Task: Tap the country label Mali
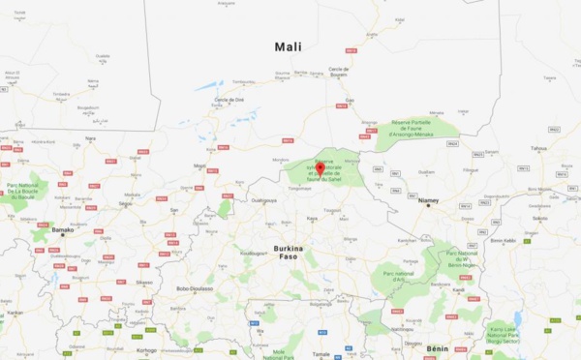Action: pyautogui.click(x=288, y=46)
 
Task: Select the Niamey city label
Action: pyautogui.click(x=429, y=202)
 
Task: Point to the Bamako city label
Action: pyautogui.click(x=61, y=230)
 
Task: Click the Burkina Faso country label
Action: pyautogui.click(x=288, y=255)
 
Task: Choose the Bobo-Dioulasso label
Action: pyautogui.click(x=194, y=288)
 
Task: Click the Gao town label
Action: pyautogui.click(x=350, y=100)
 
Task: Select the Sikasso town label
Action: pyautogui.click(x=143, y=282)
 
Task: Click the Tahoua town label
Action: pyautogui.click(x=538, y=148)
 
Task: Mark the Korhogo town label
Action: pyautogui.click(x=145, y=349)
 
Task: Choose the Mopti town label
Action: pyautogui.click(x=199, y=165)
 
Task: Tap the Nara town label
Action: pyautogui.click(x=90, y=137)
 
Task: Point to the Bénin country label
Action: pyautogui.click(x=438, y=345)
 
